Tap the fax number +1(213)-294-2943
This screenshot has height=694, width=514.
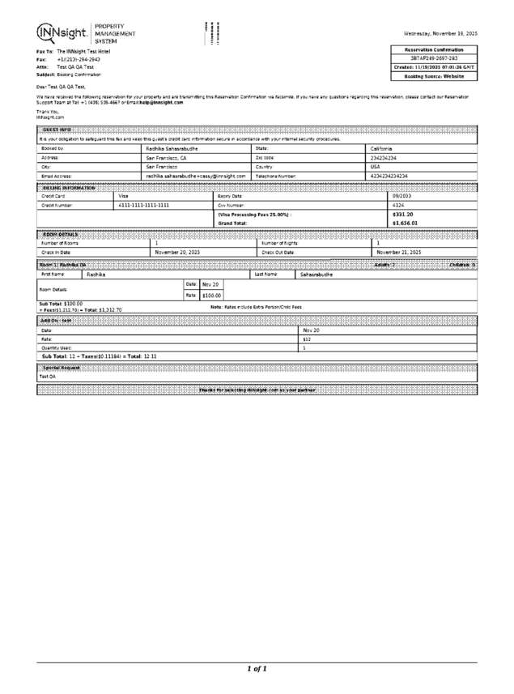(x=79, y=59)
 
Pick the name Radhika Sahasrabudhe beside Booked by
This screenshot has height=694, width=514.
(x=177, y=148)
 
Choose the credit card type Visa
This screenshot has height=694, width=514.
(x=124, y=195)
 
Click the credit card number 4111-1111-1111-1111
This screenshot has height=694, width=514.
(x=144, y=205)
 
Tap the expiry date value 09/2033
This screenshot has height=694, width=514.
(x=401, y=195)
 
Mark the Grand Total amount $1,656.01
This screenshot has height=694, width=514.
(x=405, y=223)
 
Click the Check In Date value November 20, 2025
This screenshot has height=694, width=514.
(x=177, y=252)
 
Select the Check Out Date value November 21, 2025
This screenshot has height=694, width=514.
(x=399, y=252)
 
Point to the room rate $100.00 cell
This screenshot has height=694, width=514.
(x=211, y=296)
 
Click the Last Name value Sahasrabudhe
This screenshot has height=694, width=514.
(x=318, y=275)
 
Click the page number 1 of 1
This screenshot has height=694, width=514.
(x=257, y=669)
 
